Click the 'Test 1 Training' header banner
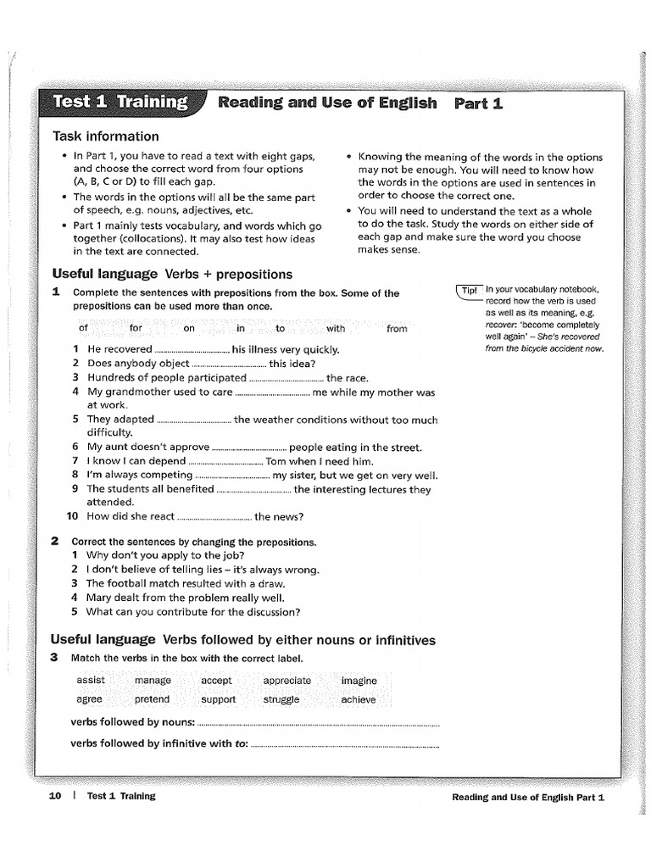pos(120,103)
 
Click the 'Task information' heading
pos(105,136)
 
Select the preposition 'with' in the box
pos(336,328)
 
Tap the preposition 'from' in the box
pos(396,328)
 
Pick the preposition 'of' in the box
pos(83,328)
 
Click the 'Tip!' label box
pos(469,290)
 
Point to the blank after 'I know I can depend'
pos(225,461)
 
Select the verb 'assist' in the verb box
pos(91,680)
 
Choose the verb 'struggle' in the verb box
pos(281,699)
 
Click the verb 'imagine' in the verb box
pos(359,680)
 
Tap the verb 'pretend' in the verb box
pos(152,699)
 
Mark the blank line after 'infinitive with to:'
pos(345,744)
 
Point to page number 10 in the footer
pos(56,796)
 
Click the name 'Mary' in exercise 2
pos(99,598)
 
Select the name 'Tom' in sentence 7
pos(276,461)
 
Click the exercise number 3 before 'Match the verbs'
pos(54,658)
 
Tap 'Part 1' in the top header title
pos(478,103)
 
